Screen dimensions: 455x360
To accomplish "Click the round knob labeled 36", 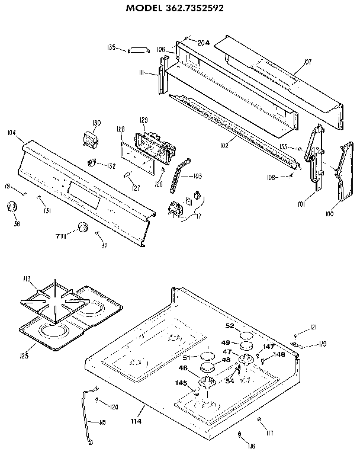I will click(10, 207).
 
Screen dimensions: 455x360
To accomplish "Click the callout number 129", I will click(143, 120).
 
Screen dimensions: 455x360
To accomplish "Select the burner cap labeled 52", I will click(245, 338).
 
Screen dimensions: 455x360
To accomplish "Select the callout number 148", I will click(279, 355).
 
